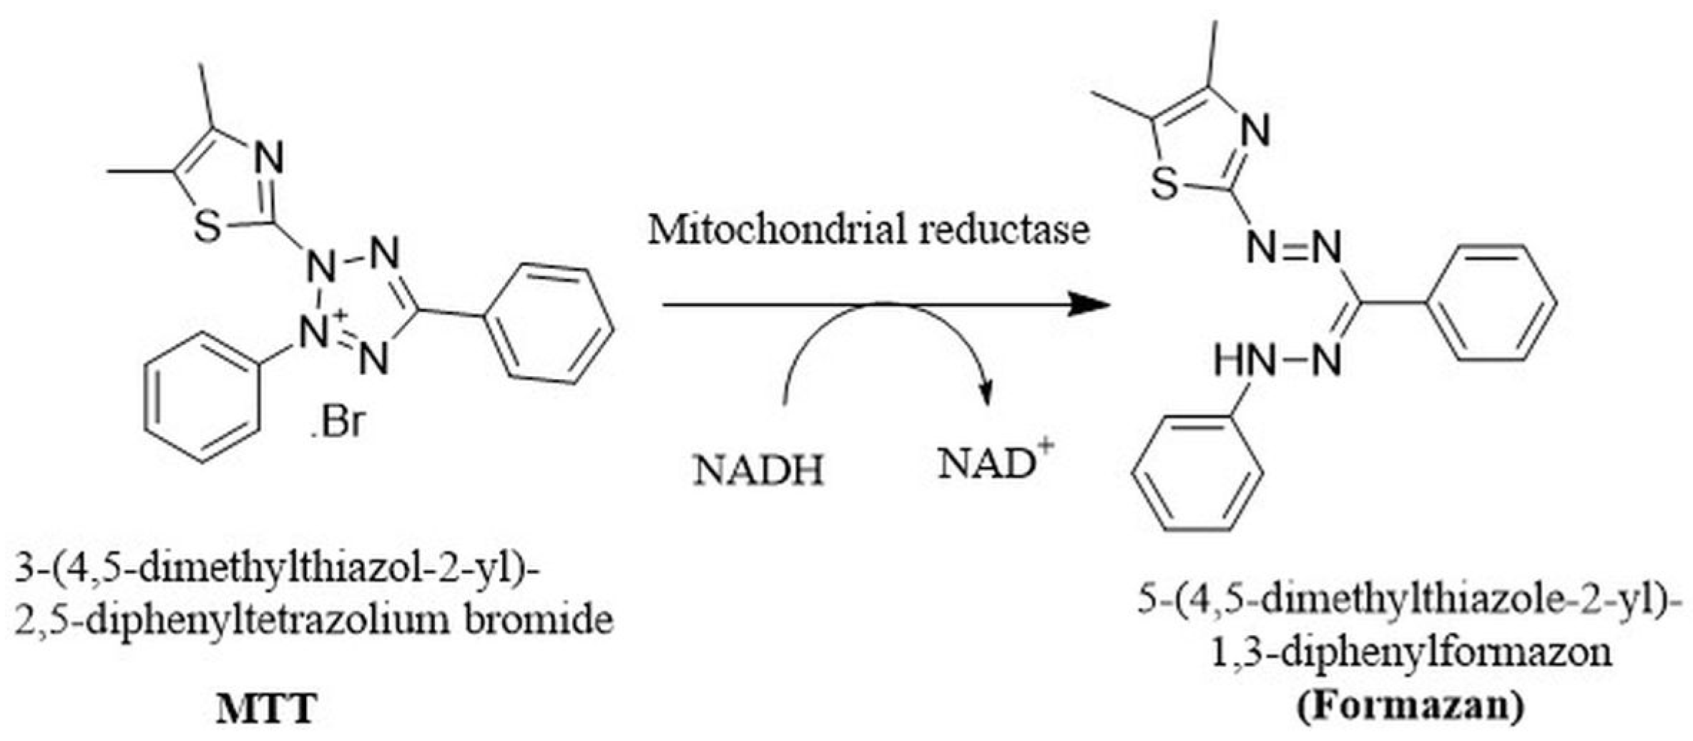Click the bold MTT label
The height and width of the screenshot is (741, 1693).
[267, 710]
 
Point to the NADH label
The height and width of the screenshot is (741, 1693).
[759, 471]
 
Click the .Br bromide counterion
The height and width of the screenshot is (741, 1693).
[337, 423]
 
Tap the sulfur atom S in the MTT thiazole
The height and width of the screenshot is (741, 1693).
[207, 228]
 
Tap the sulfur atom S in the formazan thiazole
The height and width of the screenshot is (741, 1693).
[1166, 185]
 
